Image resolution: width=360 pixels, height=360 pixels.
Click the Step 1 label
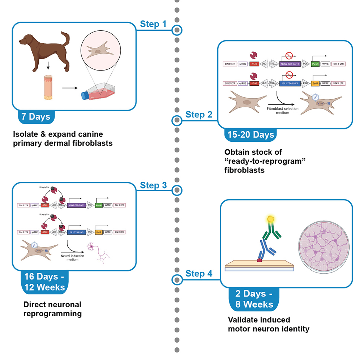pos(153,25)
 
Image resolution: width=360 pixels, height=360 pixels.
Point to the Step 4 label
pos(199,274)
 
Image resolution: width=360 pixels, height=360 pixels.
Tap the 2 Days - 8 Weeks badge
pos(253,299)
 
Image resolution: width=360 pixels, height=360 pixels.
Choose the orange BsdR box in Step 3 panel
pos(98,232)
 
